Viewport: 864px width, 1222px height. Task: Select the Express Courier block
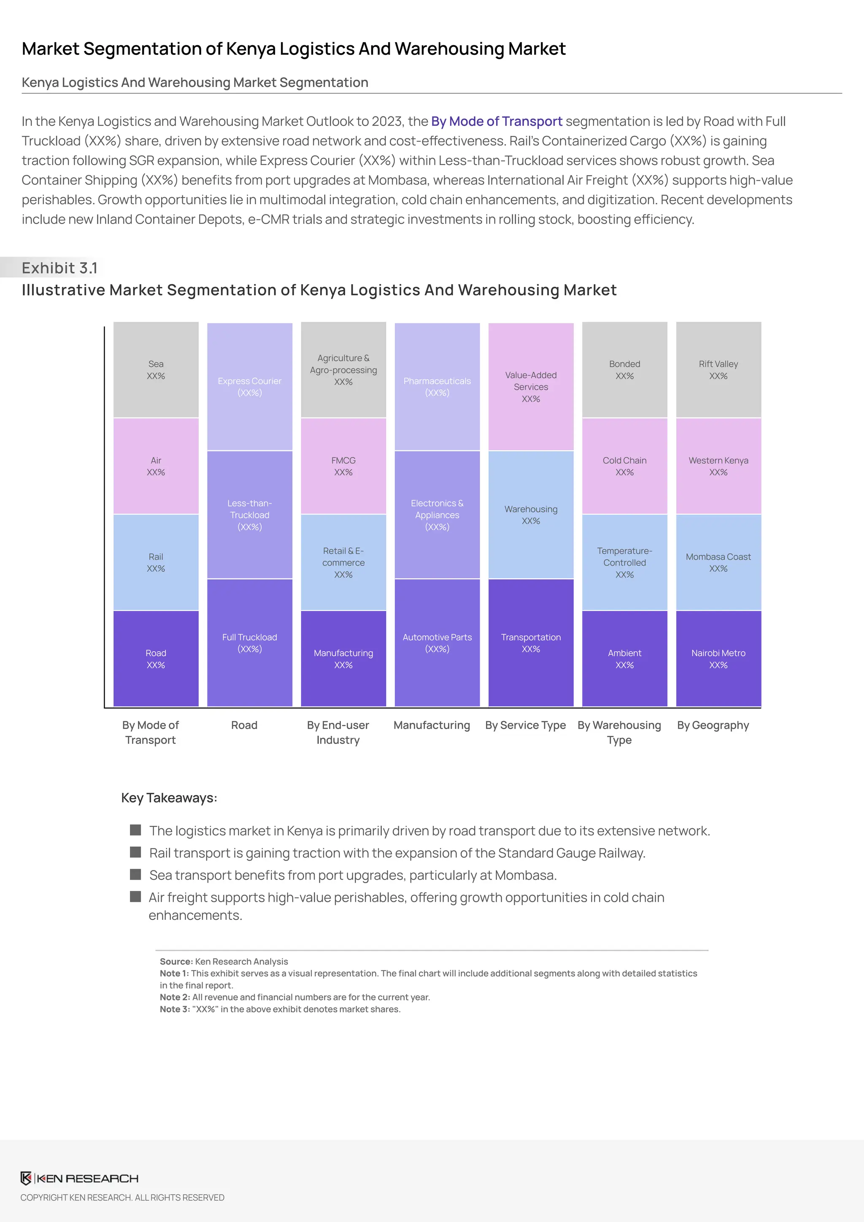coord(249,387)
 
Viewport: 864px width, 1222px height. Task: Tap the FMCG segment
coord(343,466)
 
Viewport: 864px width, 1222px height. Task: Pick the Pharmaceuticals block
coord(437,387)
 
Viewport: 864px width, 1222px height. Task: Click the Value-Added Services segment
coord(530,387)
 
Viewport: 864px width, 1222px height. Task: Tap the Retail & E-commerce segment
coord(343,562)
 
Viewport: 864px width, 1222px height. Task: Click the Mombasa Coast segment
coord(718,562)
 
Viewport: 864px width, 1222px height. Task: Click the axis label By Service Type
coord(525,725)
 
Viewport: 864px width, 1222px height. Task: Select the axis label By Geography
coord(713,725)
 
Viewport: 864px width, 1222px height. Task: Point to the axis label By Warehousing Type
coord(619,733)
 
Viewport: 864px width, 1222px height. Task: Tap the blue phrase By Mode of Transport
coord(497,122)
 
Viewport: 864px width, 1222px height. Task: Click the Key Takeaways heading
coord(169,798)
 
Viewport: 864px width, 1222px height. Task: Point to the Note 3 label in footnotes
coord(174,1009)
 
